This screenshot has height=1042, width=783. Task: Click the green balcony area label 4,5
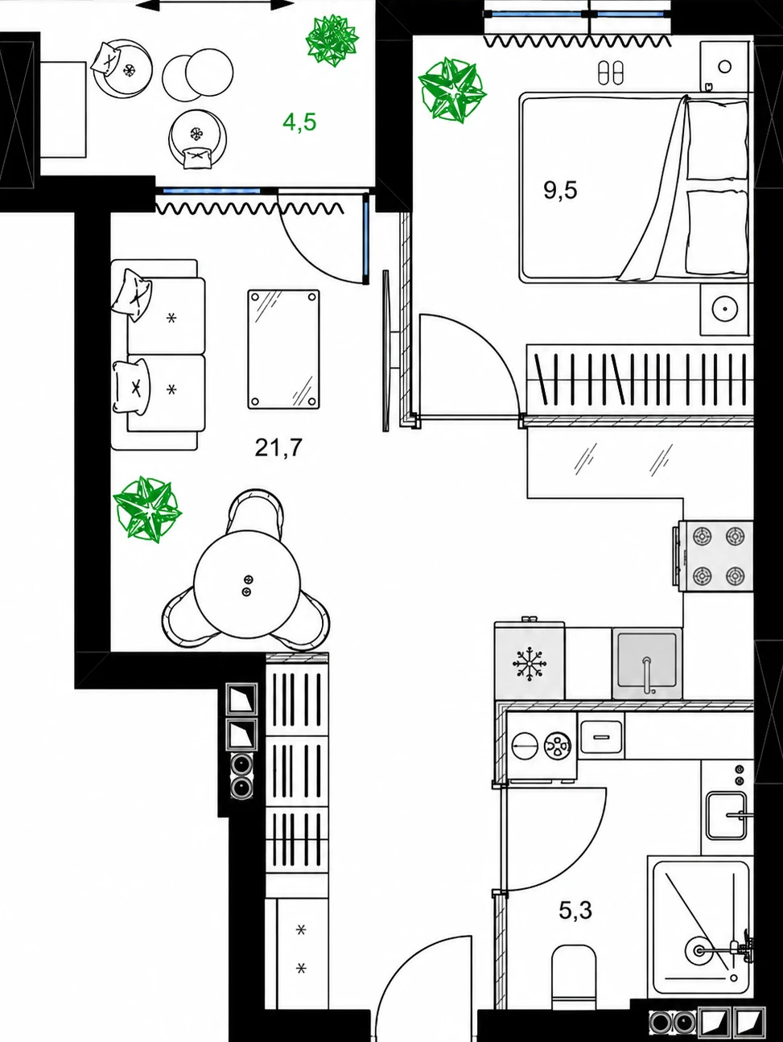[299, 122]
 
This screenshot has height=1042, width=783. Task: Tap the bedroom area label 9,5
[560, 191]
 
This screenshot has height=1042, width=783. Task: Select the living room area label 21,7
[278, 447]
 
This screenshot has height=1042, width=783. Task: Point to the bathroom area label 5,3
[575, 911]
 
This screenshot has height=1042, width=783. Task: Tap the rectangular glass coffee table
[283, 349]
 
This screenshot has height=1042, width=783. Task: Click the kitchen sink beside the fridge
[647, 664]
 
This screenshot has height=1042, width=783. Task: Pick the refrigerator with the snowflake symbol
[530, 660]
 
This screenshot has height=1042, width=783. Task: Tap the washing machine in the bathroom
[542, 745]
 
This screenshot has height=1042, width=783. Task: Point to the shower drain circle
[699, 950]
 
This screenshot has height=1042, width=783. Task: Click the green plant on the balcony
[332, 40]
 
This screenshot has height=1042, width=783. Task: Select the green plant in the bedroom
[451, 90]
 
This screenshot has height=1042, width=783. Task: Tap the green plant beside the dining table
[147, 509]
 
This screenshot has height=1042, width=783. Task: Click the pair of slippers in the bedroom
[611, 72]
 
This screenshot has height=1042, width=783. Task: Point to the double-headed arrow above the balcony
[215, 5]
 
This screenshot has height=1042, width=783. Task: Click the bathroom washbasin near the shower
[727, 814]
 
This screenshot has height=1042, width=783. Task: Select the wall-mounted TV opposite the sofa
[385, 351]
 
